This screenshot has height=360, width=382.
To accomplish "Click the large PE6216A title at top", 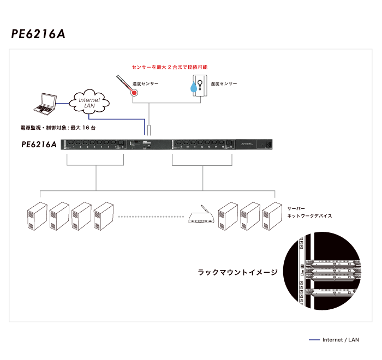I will [38, 34].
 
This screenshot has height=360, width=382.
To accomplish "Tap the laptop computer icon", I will [44, 105].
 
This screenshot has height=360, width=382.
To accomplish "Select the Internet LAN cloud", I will [90, 101].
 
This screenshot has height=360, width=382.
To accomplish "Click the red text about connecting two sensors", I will [170, 67].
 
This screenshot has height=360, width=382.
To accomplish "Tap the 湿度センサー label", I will [224, 84].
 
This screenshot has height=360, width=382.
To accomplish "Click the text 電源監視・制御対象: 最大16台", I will [58, 127].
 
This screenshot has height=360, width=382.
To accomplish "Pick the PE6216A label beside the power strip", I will [39, 145].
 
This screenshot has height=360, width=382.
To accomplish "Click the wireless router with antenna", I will [200, 217].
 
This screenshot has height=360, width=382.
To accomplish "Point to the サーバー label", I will [297, 208].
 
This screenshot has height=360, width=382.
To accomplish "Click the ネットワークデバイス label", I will [309, 216].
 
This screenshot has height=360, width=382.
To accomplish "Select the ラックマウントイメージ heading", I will [237, 272].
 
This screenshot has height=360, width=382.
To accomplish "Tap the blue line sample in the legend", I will [314, 340].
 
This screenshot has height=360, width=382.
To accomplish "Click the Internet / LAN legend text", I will [341, 340].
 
